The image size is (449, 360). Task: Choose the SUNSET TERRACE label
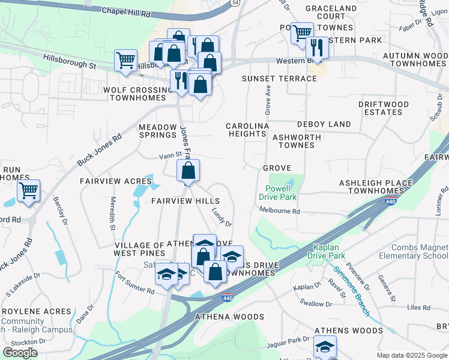pyautogui.click(x=279, y=79)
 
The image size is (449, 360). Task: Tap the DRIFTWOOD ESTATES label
pyautogui.click(x=383, y=108)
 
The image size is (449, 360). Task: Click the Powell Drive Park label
pyautogui.click(x=279, y=192)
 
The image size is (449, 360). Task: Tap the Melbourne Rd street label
pyautogui.click(x=279, y=211)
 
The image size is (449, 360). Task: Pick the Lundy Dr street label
pyautogui.click(x=222, y=217)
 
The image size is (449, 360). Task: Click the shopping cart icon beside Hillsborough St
pyautogui.click(x=125, y=59)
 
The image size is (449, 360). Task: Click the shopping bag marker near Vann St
pyautogui.click(x=188, y=170)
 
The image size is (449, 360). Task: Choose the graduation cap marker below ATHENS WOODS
pyautogui.click(x=325, y=347)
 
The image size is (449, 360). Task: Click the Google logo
pyautogui.click(x=20, y=353)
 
